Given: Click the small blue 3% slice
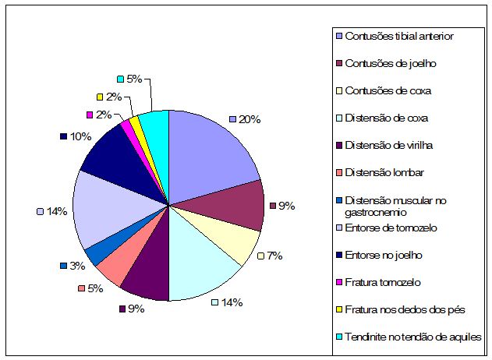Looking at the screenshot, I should click(94, 249).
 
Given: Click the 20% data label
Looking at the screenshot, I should click(250, 119).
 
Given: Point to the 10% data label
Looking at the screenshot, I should click(78, 136).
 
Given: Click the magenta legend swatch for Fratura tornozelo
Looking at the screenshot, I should click(338, 282).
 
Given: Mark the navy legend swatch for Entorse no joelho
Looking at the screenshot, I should click(338, 255).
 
